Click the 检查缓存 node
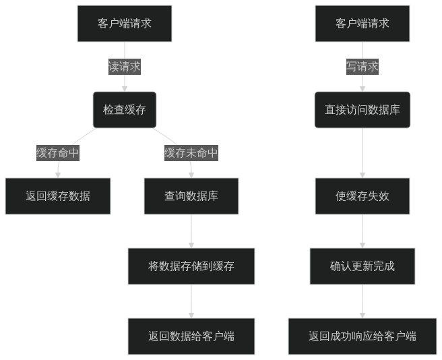(125, 110)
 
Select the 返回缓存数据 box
(58, 196)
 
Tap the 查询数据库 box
(191, 196)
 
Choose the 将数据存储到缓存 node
(191, 266)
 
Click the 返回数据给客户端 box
(191, 336)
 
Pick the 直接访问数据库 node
(362, 110)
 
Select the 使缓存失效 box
(362, 196)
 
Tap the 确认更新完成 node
(362, 266)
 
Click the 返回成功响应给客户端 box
(362, 336)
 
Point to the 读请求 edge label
(125, 67)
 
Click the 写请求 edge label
(362, 67)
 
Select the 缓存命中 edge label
(58, 153)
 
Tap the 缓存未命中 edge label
(191, 153)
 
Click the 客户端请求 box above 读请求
(125, 24)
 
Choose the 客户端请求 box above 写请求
(362, 24)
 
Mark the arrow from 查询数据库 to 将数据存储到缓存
(191, 231)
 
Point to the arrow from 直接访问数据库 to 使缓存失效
(362, 153)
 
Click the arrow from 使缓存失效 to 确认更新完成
(362, 231)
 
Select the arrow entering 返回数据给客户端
(191, 301)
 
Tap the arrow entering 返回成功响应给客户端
(362, 301)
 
